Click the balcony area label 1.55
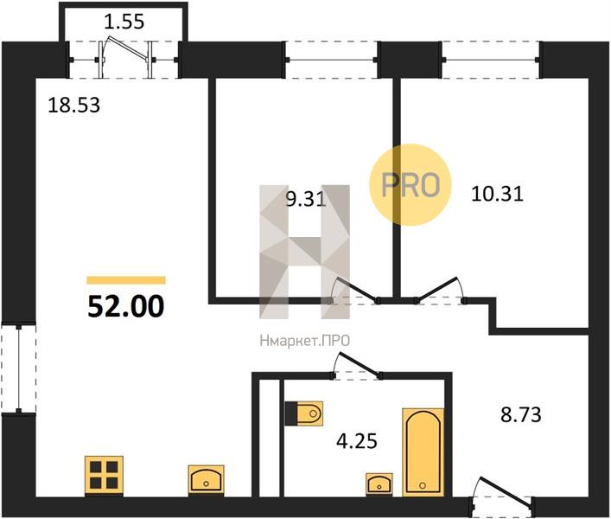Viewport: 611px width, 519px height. (124, 22)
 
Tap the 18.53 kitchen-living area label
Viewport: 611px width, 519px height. (73, 106)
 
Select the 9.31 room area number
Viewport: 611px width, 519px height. (306, 200)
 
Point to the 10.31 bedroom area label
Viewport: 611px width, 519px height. (497, 194)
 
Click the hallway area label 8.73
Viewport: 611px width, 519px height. (520, 415)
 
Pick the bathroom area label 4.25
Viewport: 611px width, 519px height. (357, 441)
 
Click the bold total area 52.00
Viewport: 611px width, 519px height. (126, 306)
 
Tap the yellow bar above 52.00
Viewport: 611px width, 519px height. (126, 280)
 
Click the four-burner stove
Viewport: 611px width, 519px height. (104, 476)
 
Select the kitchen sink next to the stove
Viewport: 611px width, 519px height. (207, 479)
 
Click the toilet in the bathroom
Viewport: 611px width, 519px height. (304, 413)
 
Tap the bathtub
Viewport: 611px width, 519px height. (423, 452)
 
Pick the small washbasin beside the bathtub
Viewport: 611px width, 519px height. (379, 484)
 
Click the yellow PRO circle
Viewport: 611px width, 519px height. (411, 184)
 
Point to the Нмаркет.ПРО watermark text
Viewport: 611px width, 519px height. (305, 341)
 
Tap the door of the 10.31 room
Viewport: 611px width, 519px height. (440, 290)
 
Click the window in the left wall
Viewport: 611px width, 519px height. (18, 368)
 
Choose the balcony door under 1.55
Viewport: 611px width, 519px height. (124, 59)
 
